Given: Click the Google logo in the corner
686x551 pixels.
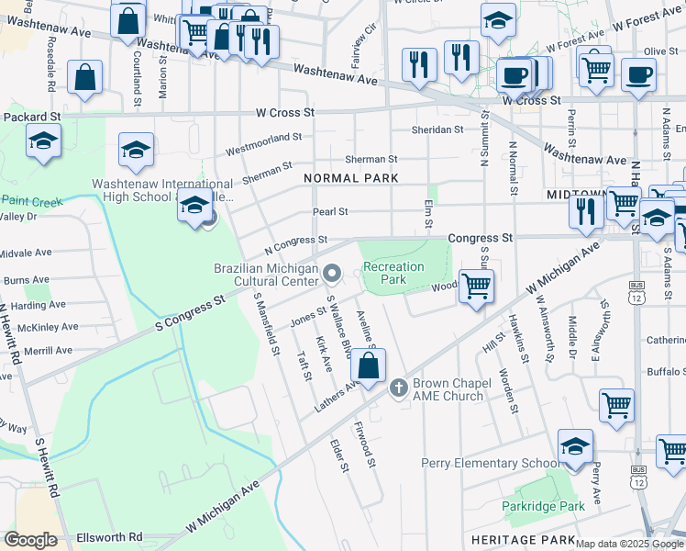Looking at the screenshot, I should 31,540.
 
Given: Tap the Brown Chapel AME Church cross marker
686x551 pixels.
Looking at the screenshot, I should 398,388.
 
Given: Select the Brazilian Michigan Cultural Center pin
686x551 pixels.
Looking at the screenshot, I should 333,273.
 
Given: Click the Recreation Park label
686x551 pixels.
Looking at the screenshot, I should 393,273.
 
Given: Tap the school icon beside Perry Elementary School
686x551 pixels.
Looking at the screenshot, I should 575,447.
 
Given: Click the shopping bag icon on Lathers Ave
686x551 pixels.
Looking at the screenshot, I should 368,365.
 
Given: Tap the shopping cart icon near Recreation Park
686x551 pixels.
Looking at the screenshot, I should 476,287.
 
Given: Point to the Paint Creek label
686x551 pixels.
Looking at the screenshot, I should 31,199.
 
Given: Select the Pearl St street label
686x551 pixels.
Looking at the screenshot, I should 330,211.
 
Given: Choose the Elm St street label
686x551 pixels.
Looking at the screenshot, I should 428,217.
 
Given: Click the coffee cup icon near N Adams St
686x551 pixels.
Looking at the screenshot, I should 638,75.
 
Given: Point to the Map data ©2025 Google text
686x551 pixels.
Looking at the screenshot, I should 629,544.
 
